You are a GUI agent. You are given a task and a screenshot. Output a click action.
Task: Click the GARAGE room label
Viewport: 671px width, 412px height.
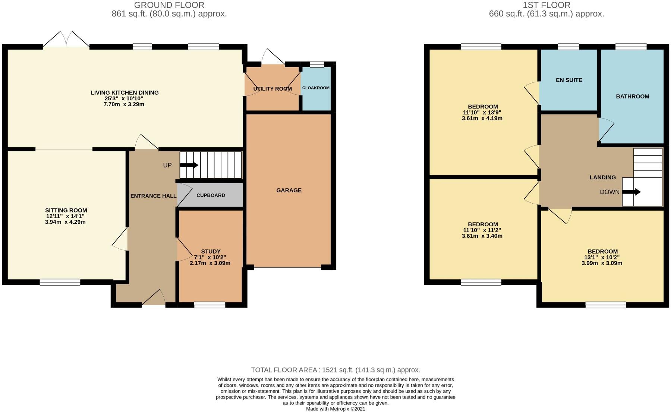click(x=289, y=191)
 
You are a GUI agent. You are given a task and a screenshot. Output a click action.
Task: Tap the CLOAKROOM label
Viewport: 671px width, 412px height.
click(x=316, y=88)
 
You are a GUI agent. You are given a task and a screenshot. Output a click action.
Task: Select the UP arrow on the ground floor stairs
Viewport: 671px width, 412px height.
click(x=190, y=165)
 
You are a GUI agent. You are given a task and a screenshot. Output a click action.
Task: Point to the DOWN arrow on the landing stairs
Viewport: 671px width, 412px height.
click(x=632, y=192)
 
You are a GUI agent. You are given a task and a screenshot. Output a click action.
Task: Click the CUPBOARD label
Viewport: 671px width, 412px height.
click(x=211, y=195)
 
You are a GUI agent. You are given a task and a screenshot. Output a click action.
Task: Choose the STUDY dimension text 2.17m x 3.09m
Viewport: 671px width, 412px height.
click(x=210, y=263)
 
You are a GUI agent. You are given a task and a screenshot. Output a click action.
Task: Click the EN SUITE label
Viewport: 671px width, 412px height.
click(x=568, y=80)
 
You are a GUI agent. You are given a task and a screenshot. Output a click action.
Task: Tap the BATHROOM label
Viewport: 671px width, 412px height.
click(x=632, y=97)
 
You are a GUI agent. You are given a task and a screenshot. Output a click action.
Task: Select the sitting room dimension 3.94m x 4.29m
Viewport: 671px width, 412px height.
click(x=66, y=222)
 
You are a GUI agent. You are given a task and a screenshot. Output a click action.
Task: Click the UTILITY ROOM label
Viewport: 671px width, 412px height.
click(x=272, y=89)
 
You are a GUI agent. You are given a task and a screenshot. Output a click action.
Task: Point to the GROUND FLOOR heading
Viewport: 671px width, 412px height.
click(x=169, y=5)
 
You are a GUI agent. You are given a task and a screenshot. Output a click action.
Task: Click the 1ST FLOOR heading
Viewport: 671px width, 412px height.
click(x=546, y=5)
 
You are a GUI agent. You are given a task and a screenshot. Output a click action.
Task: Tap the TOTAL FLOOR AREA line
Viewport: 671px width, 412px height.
click(x=335, y=370)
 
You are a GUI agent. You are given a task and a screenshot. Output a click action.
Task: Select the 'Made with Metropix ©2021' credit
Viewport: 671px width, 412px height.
click(x=335, y=409)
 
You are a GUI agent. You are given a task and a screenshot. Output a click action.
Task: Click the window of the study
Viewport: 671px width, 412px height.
click(x=210, y=305)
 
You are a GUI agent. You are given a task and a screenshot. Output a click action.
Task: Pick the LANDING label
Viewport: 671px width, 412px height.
click(x=602, y=177)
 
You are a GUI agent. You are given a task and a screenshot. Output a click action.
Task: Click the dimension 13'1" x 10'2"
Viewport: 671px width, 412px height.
click(x=602, y=257)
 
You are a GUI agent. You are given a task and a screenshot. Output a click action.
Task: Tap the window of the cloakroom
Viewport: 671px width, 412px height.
click(x=317, y=64)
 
